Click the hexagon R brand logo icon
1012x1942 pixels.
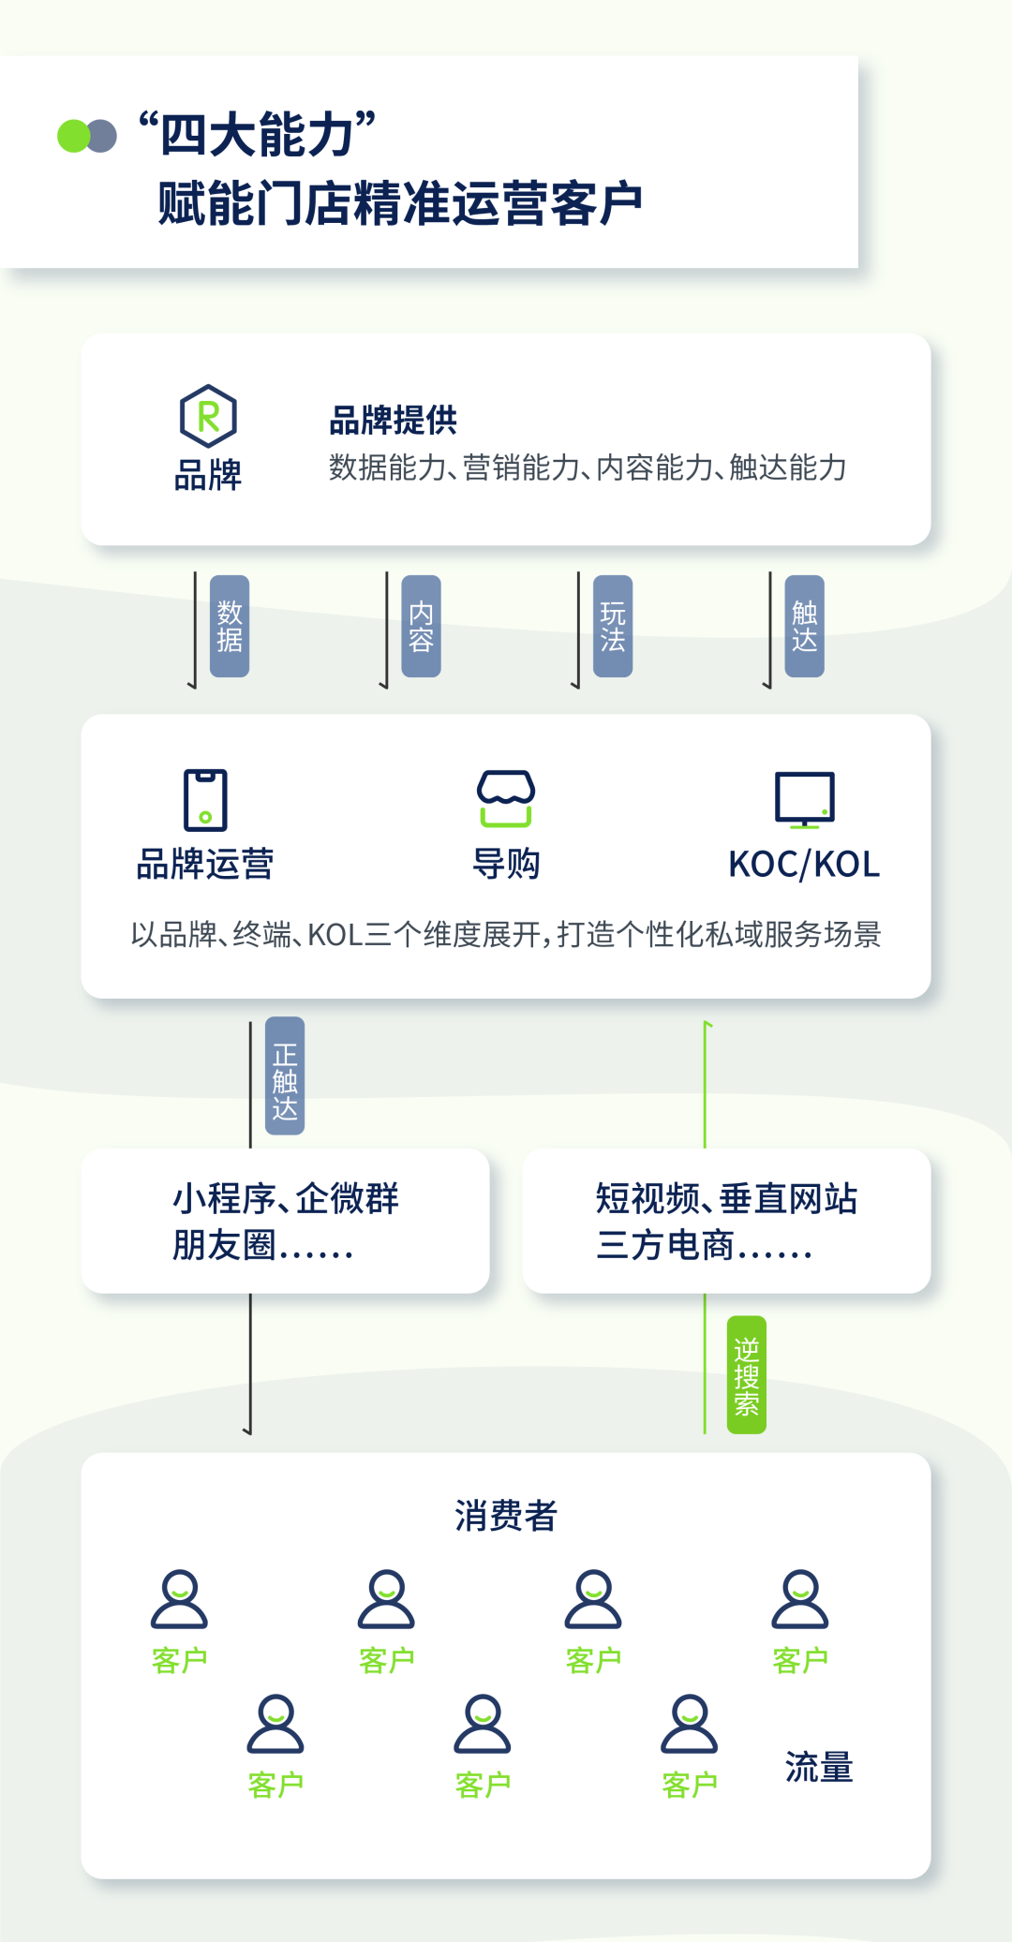click(208, 415)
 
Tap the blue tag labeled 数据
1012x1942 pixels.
click(230, 626)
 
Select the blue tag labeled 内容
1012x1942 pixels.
click(421, 626)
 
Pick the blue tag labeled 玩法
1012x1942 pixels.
click(613, 626)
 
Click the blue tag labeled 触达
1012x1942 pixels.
click(805, 626)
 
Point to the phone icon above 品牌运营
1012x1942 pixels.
click(205, 800)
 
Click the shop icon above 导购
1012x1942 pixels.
click(506, 799)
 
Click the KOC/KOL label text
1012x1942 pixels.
click(804, 864)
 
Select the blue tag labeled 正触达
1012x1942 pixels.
click(285, 1075)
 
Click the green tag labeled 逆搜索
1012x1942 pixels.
click(747, 1374)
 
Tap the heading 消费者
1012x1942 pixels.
click(506, 1515)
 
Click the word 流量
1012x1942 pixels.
click(819, 1767)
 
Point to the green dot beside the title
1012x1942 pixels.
click(73, 136)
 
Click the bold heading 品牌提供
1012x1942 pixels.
click(394, 421)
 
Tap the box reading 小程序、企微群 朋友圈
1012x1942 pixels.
click(285, 1221)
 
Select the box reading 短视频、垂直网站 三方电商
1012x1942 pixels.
click(726, 1221)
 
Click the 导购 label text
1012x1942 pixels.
click(506, 864)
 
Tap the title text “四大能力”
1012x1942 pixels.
click(258, 134)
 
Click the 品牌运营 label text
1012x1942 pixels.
click(205, 864)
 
